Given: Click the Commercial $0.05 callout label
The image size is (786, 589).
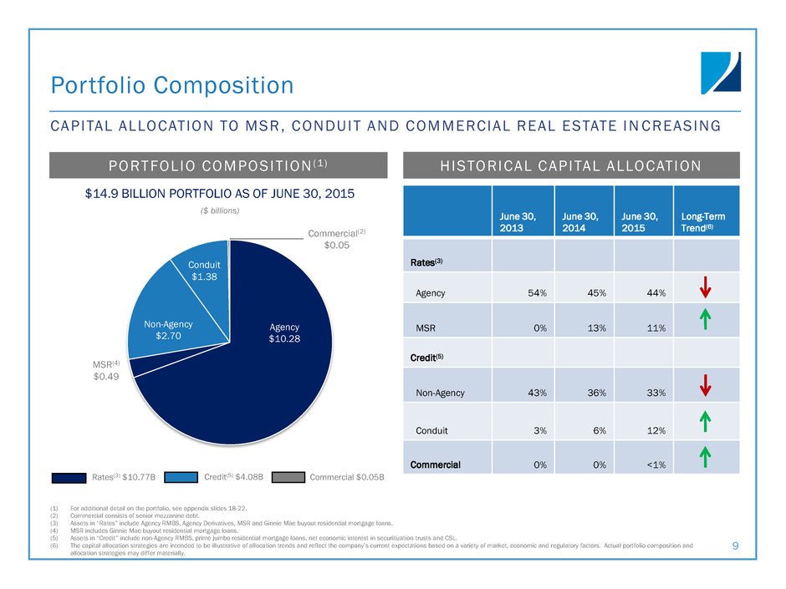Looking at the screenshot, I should coord(338,239).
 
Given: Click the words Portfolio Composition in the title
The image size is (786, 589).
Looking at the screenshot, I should coord(171,85).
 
